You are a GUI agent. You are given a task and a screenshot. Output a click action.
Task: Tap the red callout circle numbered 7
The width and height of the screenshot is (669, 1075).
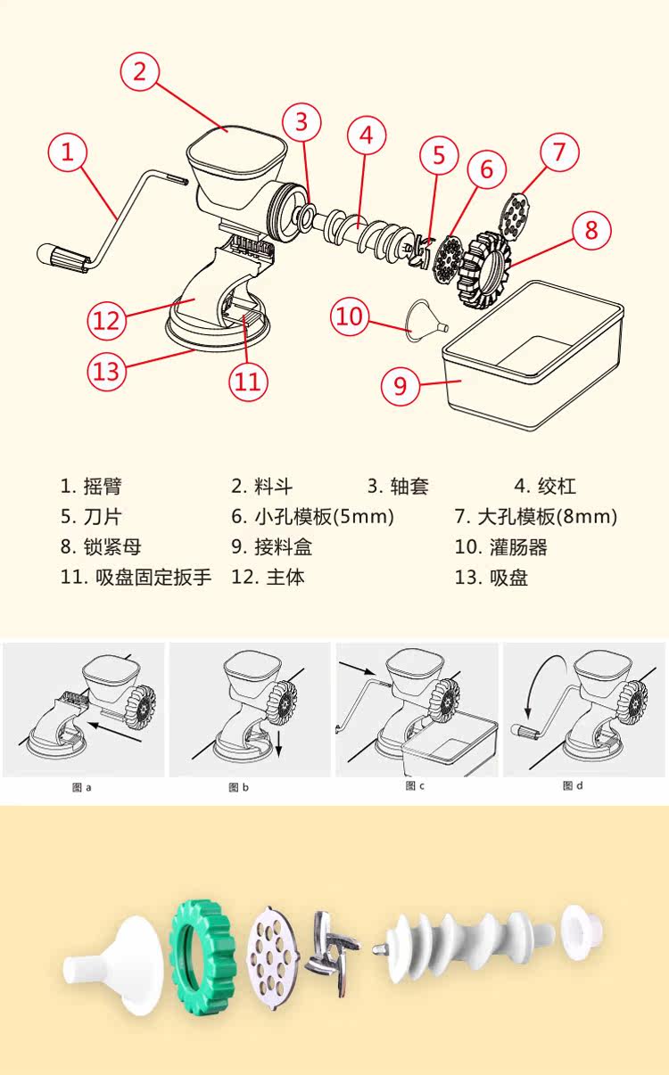559,151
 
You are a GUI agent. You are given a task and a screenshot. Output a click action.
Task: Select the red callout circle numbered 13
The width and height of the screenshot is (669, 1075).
106,369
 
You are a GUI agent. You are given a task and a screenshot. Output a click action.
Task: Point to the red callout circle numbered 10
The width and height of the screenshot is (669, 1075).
351,316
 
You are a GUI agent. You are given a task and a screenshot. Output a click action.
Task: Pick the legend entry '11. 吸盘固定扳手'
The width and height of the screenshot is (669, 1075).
136,577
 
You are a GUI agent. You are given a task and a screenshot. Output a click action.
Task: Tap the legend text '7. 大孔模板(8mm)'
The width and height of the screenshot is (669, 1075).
535,516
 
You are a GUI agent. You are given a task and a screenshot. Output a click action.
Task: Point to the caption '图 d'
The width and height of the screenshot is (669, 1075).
573,785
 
